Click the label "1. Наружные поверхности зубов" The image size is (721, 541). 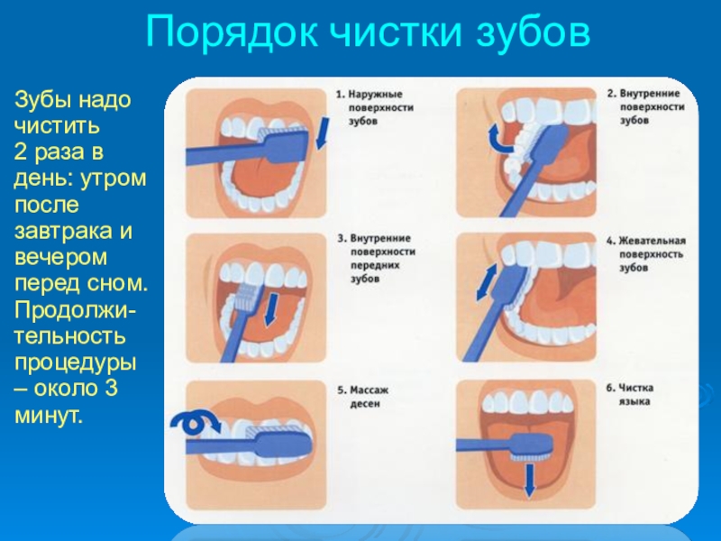click(x=375, y=107)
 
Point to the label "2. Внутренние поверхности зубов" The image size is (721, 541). click(x=645, y=106)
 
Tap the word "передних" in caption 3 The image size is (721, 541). click(x=375, y=265)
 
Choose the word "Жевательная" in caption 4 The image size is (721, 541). click(x=652, y=241)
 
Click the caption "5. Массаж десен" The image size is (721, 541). click(x=363, y=397)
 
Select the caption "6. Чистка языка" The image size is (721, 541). click(x=629, y=395)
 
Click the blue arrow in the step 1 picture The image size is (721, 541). click(x=324, y=133)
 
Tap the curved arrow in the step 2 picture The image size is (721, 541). click(x=499, y=138)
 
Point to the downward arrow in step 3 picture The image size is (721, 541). click(x=272, y=311)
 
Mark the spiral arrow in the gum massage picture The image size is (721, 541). click(x=195, y=422)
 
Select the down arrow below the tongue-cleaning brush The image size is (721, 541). click(x=529, y=481)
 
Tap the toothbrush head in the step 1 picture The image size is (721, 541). click(x=286, y=142)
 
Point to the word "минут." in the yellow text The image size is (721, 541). click(x=49, y=416)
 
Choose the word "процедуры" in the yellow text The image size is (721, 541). click(x=76, y=363)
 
